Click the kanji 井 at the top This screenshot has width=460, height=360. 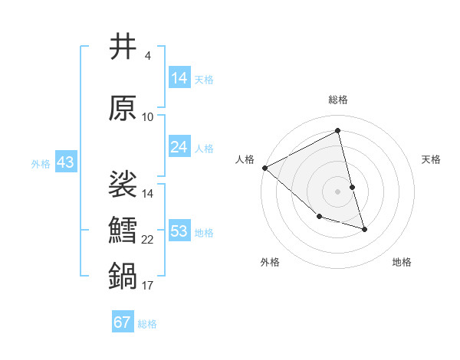point(123,47)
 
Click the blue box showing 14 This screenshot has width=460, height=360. point(179,77)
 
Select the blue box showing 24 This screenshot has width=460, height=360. point(179,147)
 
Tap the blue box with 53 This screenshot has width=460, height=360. point(179,231)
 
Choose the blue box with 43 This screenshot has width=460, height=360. point(65,162)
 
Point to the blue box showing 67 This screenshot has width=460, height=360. point(123,322)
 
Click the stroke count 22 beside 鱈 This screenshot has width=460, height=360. point(148,240)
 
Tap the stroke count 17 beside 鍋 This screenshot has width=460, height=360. point(148,286)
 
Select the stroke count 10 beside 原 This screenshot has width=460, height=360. point(148,117)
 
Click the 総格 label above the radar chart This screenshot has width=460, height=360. point(338,100)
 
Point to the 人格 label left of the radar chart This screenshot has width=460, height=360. point(245,159)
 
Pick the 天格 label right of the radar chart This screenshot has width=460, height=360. point(432,159)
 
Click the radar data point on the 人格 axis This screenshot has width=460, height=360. point(264,167)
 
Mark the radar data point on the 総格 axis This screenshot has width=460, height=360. point(338,130)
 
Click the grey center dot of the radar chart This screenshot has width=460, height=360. point(338,191)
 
